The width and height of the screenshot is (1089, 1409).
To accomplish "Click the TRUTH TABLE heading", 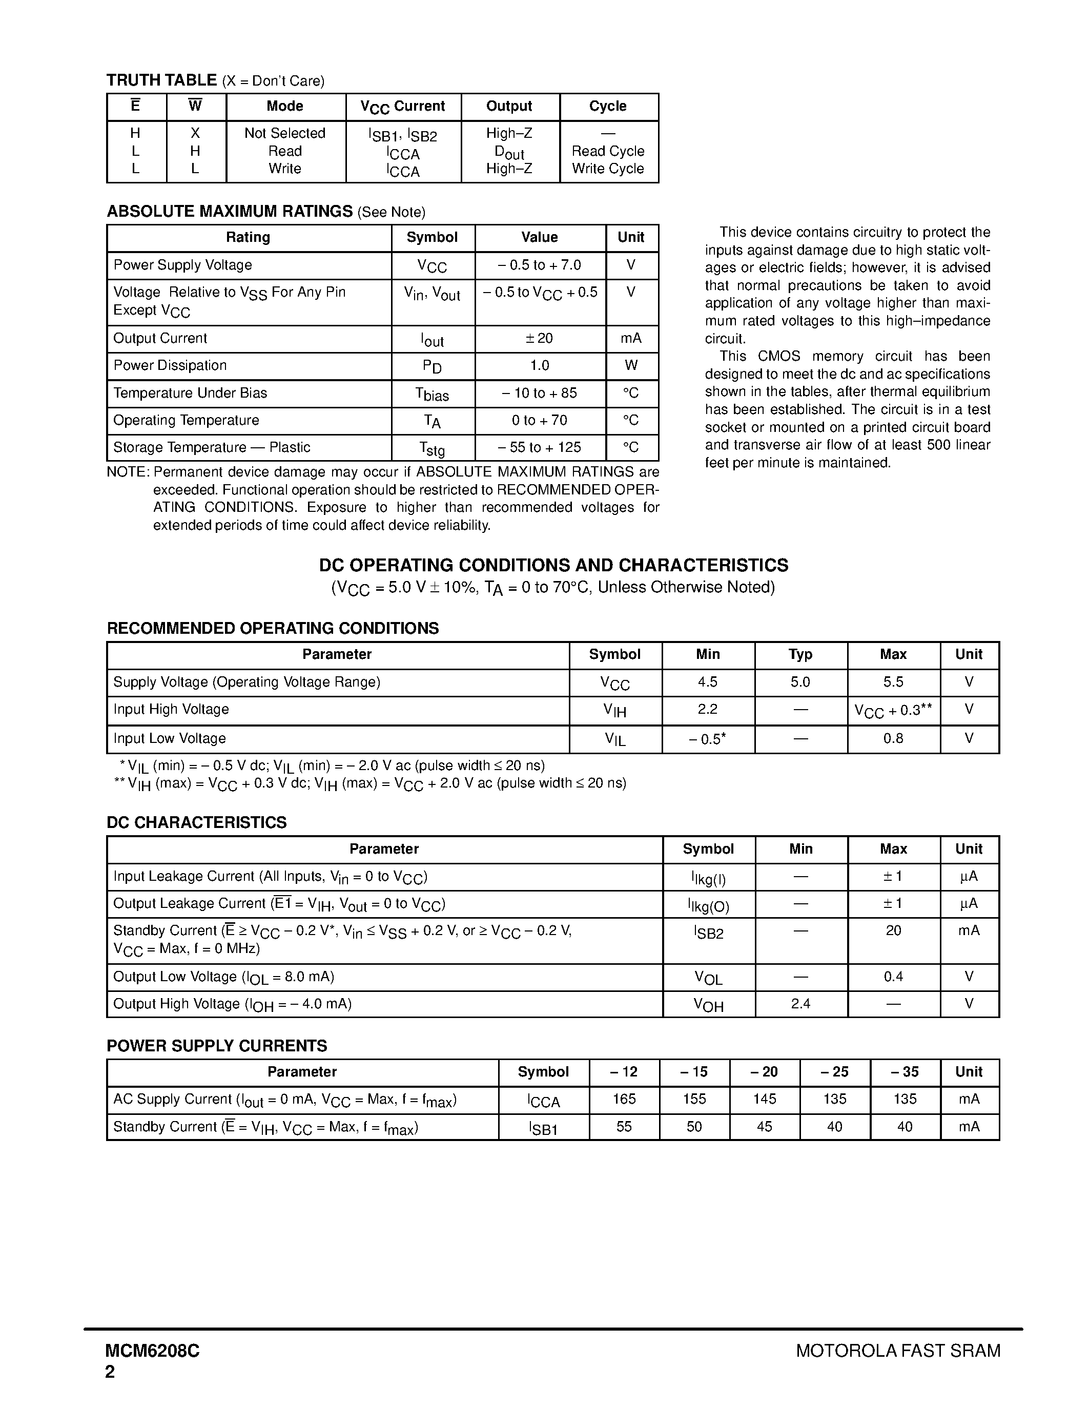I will (x=161, y=80).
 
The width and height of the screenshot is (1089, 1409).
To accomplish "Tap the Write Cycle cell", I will (x=608, y=169).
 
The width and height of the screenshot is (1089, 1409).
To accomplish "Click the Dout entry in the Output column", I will (x=509, y=152).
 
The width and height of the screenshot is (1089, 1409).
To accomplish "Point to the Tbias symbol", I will (x=432, y=394).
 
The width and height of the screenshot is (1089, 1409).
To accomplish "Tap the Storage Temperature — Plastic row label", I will (x=212, y=448).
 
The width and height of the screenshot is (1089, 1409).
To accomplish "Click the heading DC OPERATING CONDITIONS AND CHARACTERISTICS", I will (x=553, y=565).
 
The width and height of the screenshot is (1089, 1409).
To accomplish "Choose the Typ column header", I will (x=800, y=655).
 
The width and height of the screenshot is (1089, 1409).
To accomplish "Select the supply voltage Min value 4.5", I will (x=707, y=682).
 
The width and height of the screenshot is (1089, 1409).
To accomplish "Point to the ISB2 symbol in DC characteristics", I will (x=708, y=932).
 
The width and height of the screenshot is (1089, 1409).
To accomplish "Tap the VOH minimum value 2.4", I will (x=800, y=1004).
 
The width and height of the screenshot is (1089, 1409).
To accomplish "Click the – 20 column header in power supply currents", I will (x=765, y=1072).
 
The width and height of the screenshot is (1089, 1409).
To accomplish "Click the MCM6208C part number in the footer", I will (x=153, y=1351).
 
